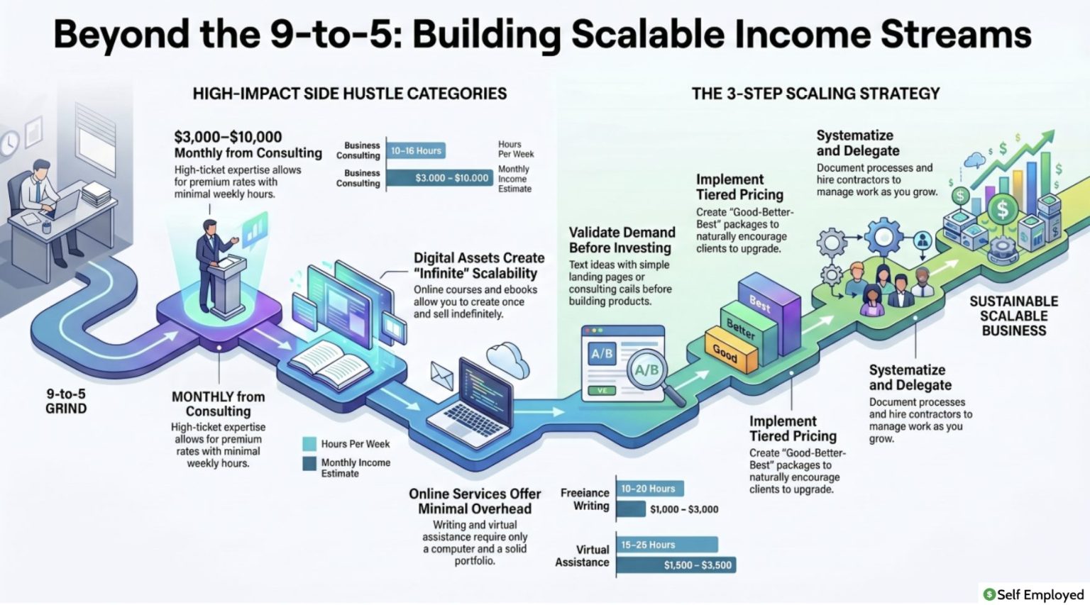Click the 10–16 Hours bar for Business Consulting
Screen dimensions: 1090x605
pyautogui.click(x=416, y=151)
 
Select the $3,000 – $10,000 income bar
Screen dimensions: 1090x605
pyautogui.click(x=440, y=178)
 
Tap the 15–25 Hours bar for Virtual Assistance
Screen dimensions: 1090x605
pyautogui.click(x=667, y=545)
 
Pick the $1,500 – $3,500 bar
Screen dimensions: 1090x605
pyautogui.click(x=676, y=565)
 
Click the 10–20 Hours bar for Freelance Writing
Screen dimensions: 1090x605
pyautogui.click(x=650, y=488)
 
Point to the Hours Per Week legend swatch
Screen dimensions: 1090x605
pyautogui.click(x=309, y=443)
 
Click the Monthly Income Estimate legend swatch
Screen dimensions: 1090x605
pyautogui.click(x=309, y=463)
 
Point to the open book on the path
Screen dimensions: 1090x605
pyautogui.click(x=331, y=365)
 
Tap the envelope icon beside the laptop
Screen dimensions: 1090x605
pyautogui.click(x=442, y=375)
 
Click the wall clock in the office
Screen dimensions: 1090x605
pyautogui.click(x=9, y=143)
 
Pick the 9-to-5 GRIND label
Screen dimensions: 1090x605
pyautogui.click(x=66, y=401)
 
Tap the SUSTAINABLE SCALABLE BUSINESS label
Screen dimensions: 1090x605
pyautogui.click(x=1014, y=316)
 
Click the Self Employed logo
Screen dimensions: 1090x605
pyautogui.click(x=1033, y=594)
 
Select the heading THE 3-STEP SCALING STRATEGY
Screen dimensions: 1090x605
pyautogui.click(x=816, y=94)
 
